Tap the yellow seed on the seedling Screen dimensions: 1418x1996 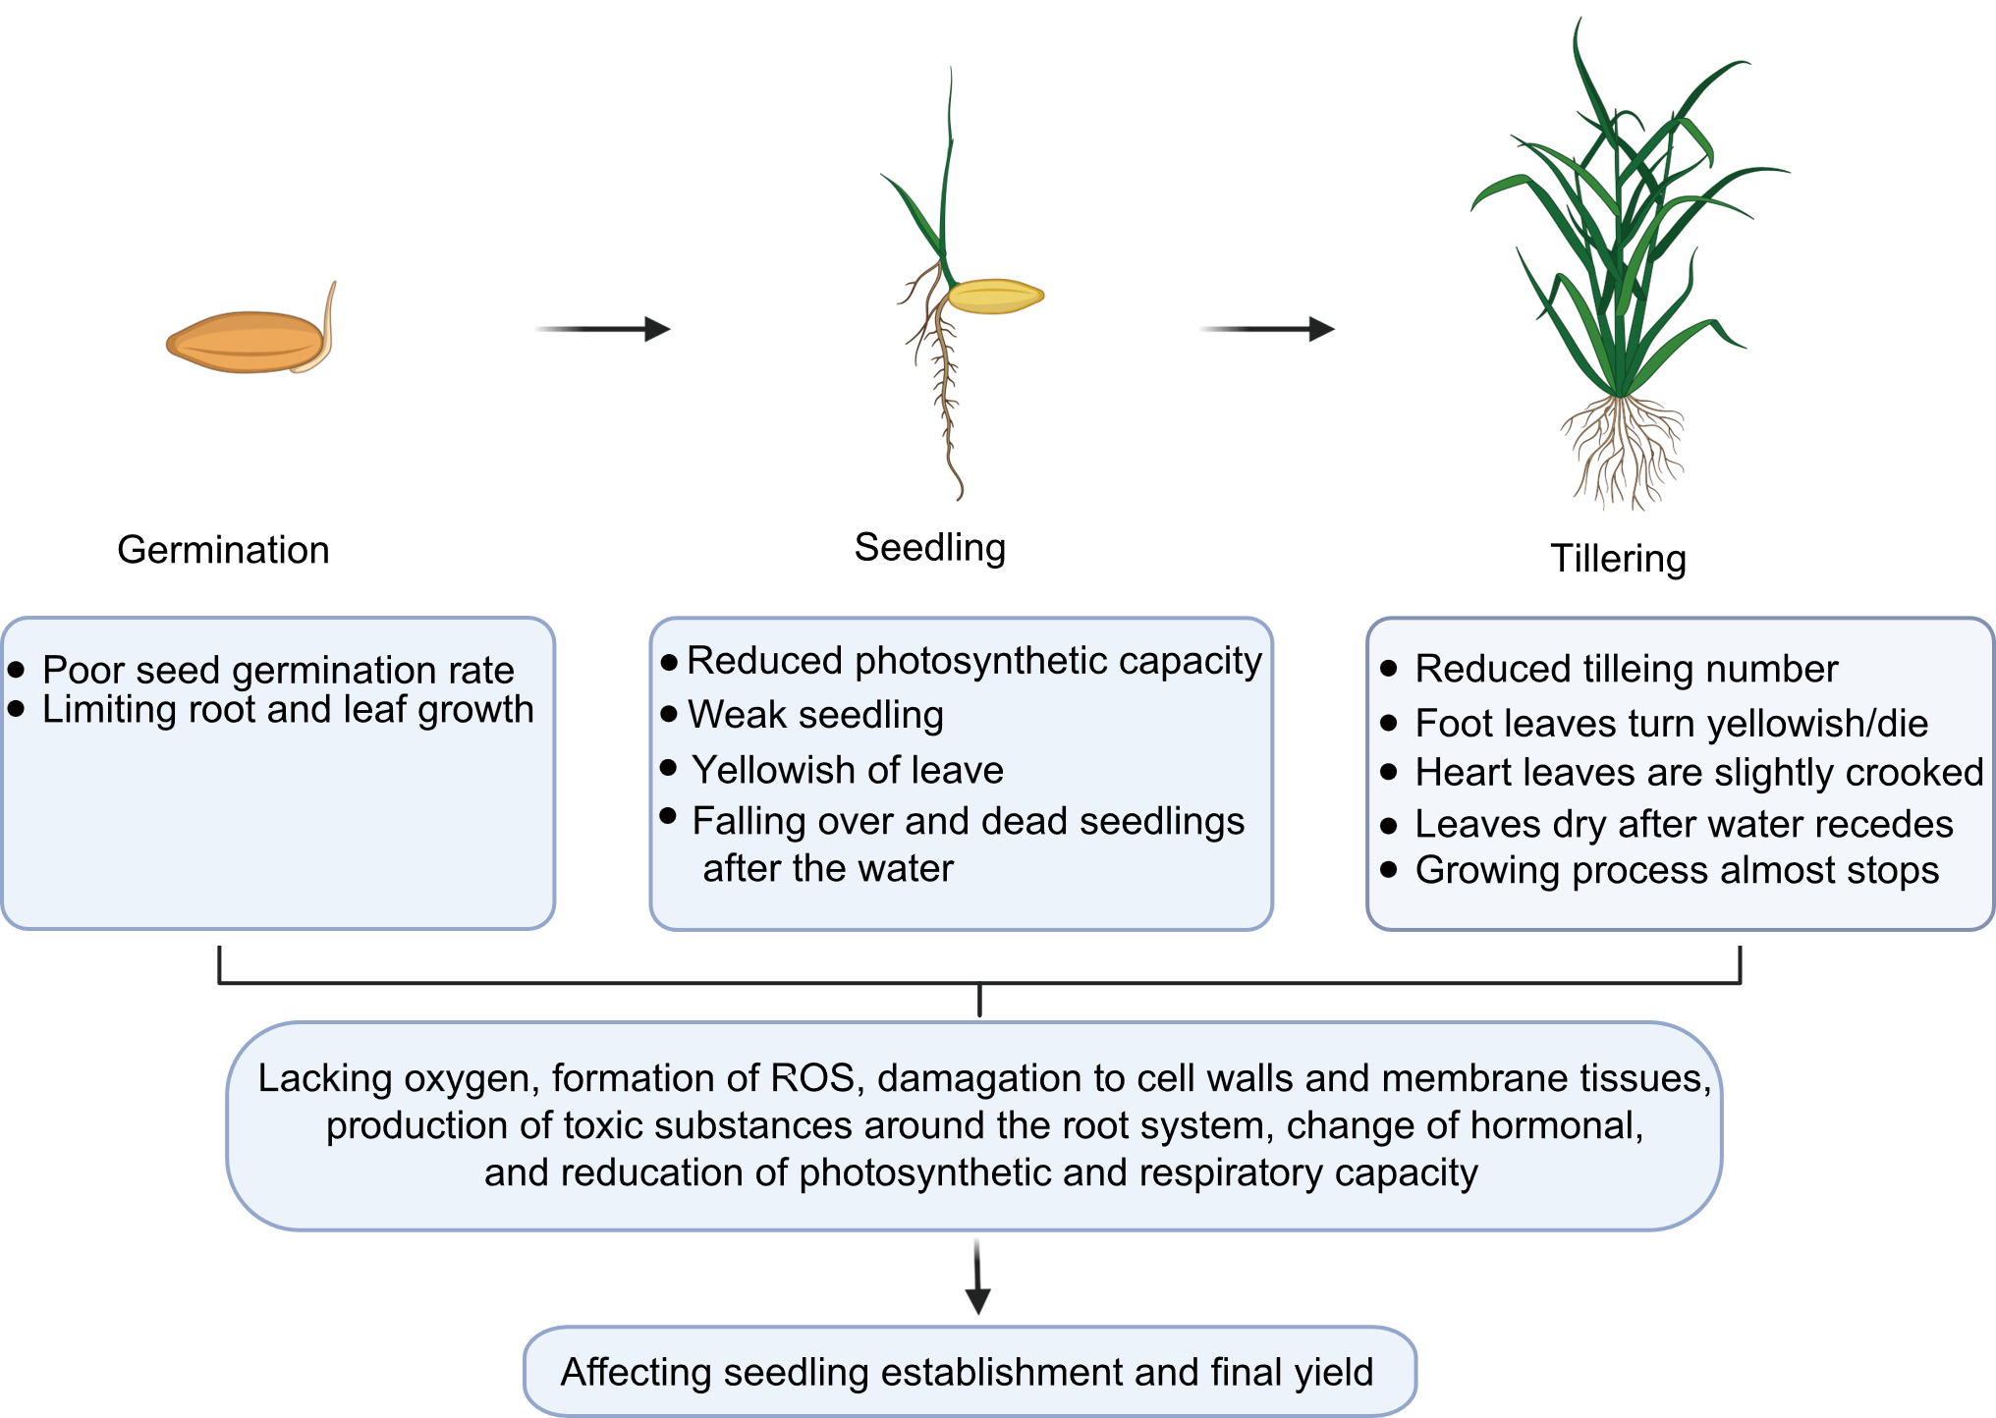tap(994, 296)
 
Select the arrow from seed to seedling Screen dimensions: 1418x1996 tap(601, 329)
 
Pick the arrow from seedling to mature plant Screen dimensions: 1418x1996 tap(1267, 329)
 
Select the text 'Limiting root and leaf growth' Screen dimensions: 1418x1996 tap(288, 710)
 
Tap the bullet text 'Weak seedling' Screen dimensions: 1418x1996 tap(815, 715)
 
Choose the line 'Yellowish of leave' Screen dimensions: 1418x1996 tap(848, 770)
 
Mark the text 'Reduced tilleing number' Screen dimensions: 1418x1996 tap(1626, 669)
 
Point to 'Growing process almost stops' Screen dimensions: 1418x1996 tap(1677, 870)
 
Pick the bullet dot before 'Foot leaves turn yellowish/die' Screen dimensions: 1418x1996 tap(1388, 723)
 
